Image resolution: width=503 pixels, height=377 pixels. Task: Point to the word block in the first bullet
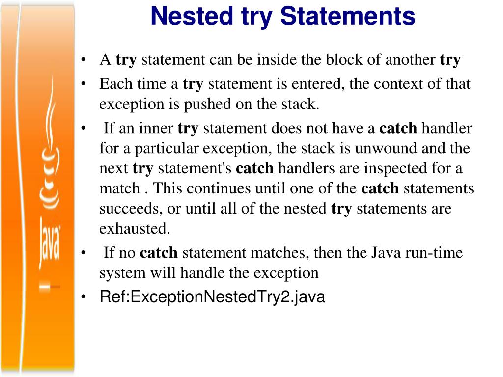click(341, 60)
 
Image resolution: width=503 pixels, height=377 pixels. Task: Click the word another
click(410, 60)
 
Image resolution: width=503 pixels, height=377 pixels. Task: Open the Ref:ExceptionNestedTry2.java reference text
click(212, 297)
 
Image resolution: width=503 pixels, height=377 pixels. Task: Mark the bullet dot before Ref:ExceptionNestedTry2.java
click(85, 297)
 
